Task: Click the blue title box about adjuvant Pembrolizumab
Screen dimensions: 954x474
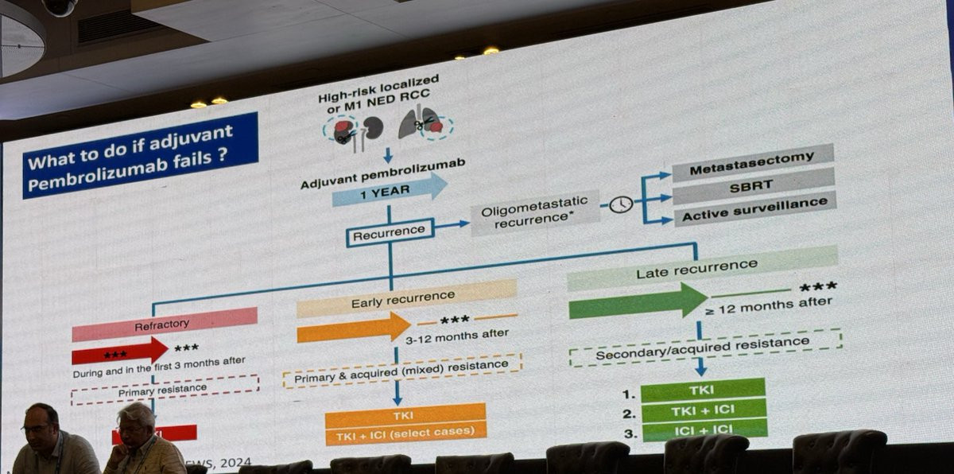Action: tap(140, 154)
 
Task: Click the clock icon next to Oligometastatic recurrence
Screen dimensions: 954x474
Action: tap(621, 204)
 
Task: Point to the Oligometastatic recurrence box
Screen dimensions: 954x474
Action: tap(534, 216)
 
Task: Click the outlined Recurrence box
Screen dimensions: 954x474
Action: tap(390, 232)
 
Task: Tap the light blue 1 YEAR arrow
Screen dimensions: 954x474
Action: tap(389, 190)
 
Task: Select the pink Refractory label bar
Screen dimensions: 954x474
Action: tap(165, 322)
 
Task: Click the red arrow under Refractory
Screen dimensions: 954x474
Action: tap(119, 351)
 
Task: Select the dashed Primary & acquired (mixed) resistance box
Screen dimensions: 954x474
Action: tap(402, 371)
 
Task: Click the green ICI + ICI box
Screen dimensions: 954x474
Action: tap(704, 430)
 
